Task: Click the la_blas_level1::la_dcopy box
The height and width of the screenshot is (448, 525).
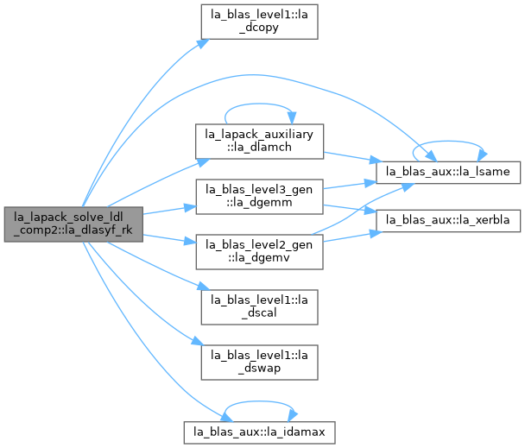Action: click(259, 22)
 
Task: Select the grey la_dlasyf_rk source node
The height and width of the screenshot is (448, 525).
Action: click(73, 224)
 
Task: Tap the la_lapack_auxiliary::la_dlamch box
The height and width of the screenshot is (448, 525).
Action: click(259, 142)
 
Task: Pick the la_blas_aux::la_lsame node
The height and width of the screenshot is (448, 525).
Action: click(448, 172)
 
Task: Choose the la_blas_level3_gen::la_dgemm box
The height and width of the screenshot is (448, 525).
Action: click(259, 197)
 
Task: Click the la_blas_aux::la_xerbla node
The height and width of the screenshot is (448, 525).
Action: click(448, 221)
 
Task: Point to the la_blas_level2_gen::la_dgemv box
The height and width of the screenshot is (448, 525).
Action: click(259, 252)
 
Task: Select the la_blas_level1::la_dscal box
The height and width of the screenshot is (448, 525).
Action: click(259, 307)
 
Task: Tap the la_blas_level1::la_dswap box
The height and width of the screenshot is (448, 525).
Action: click(259, 363)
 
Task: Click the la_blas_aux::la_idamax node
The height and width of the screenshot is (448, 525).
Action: click(259, 432)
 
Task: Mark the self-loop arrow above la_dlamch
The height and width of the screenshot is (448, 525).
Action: click(259, 104)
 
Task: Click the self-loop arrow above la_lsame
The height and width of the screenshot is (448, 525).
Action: click(448, 142)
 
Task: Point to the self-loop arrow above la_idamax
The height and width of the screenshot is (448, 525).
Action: click(259, 401)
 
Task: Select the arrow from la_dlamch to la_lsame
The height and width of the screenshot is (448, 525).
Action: click(350, 157)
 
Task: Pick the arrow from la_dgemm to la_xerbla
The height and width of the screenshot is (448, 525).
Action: click(350, 208)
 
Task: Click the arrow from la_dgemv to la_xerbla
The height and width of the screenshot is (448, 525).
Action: click(350, 237)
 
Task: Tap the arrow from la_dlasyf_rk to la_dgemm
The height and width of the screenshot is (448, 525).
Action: click(169, 211)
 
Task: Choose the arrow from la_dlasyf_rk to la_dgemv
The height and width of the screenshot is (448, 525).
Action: click(169, 239)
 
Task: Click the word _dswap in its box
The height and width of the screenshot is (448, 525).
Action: click(259, 369)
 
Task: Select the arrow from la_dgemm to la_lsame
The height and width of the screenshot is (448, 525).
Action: click(350, 186)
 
